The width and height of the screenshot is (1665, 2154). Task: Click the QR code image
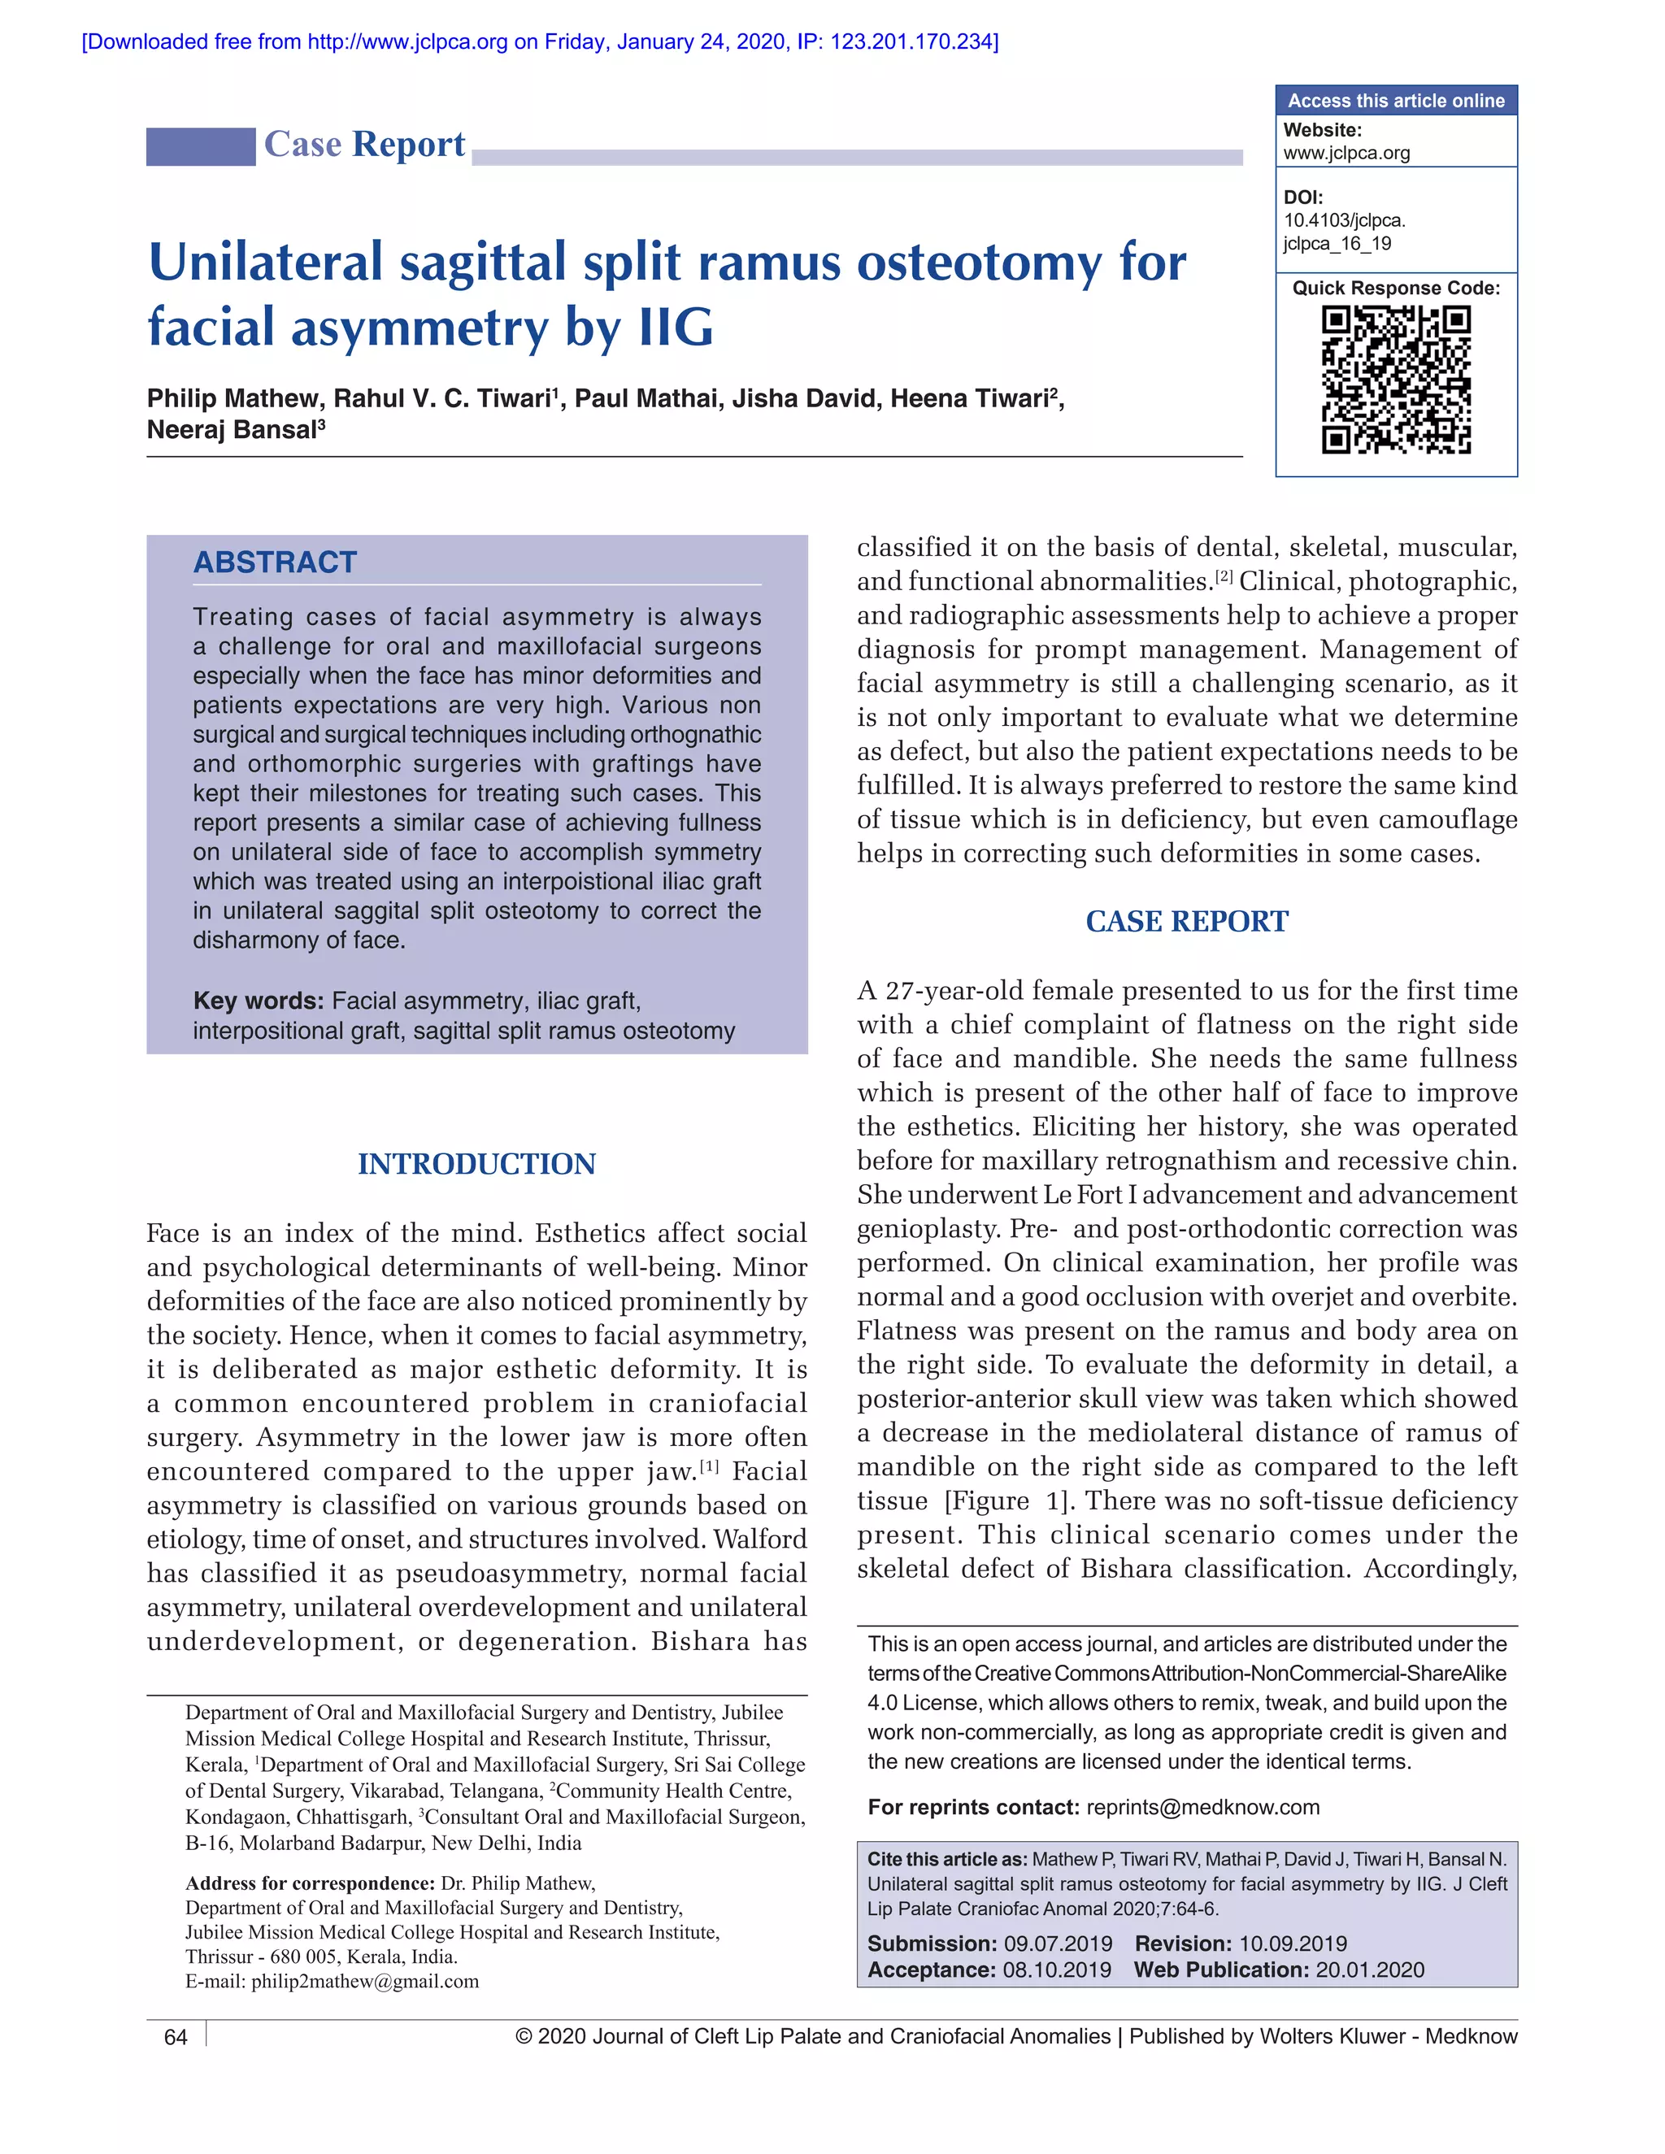tap(1396, 380)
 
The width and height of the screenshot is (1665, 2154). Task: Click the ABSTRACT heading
tap(276, 562)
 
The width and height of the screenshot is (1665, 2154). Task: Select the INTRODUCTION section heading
tap(476, 1164)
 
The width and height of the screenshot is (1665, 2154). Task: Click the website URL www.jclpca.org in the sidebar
tap(1346, 153)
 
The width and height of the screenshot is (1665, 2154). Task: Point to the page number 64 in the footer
tap(176, 2038)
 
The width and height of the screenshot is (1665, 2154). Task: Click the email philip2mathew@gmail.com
tap(365, 1982)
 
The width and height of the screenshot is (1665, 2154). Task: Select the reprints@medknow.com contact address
tap(1202, 1807)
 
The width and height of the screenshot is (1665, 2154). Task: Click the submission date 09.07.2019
tap(1058, 1944)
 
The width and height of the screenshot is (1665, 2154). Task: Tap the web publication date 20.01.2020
tap(1370, 1970)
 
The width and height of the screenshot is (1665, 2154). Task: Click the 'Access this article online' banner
tap(1396, 101)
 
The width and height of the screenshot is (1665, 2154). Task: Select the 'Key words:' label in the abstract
tap(259, 1001)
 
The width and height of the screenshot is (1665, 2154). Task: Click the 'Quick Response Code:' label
tap(1396, 288)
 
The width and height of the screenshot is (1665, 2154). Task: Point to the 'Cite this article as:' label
tap(946, 1859)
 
